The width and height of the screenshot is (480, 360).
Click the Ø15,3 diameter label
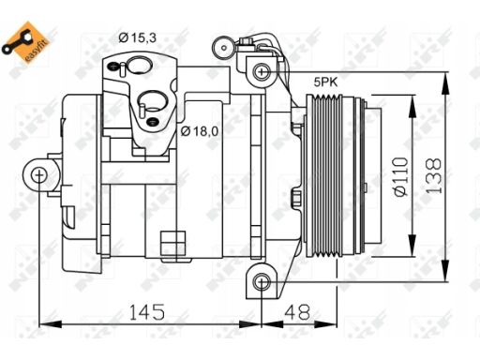[x=138, y=38]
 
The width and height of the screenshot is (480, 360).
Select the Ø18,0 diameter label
[x=200, y=131]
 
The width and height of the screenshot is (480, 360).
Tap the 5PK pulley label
[x=326, y=82]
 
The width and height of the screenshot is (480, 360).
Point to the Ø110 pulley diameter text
[x=402, y=176]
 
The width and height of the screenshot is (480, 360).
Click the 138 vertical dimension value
[x=434, y=176]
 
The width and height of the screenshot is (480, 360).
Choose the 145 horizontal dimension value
[x=147, y=312]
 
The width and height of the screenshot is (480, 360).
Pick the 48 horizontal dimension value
[x=297, y=312]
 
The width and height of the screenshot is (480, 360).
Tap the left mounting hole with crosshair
[x=38, y=175]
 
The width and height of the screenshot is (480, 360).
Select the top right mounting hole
[x=262, y=71]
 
